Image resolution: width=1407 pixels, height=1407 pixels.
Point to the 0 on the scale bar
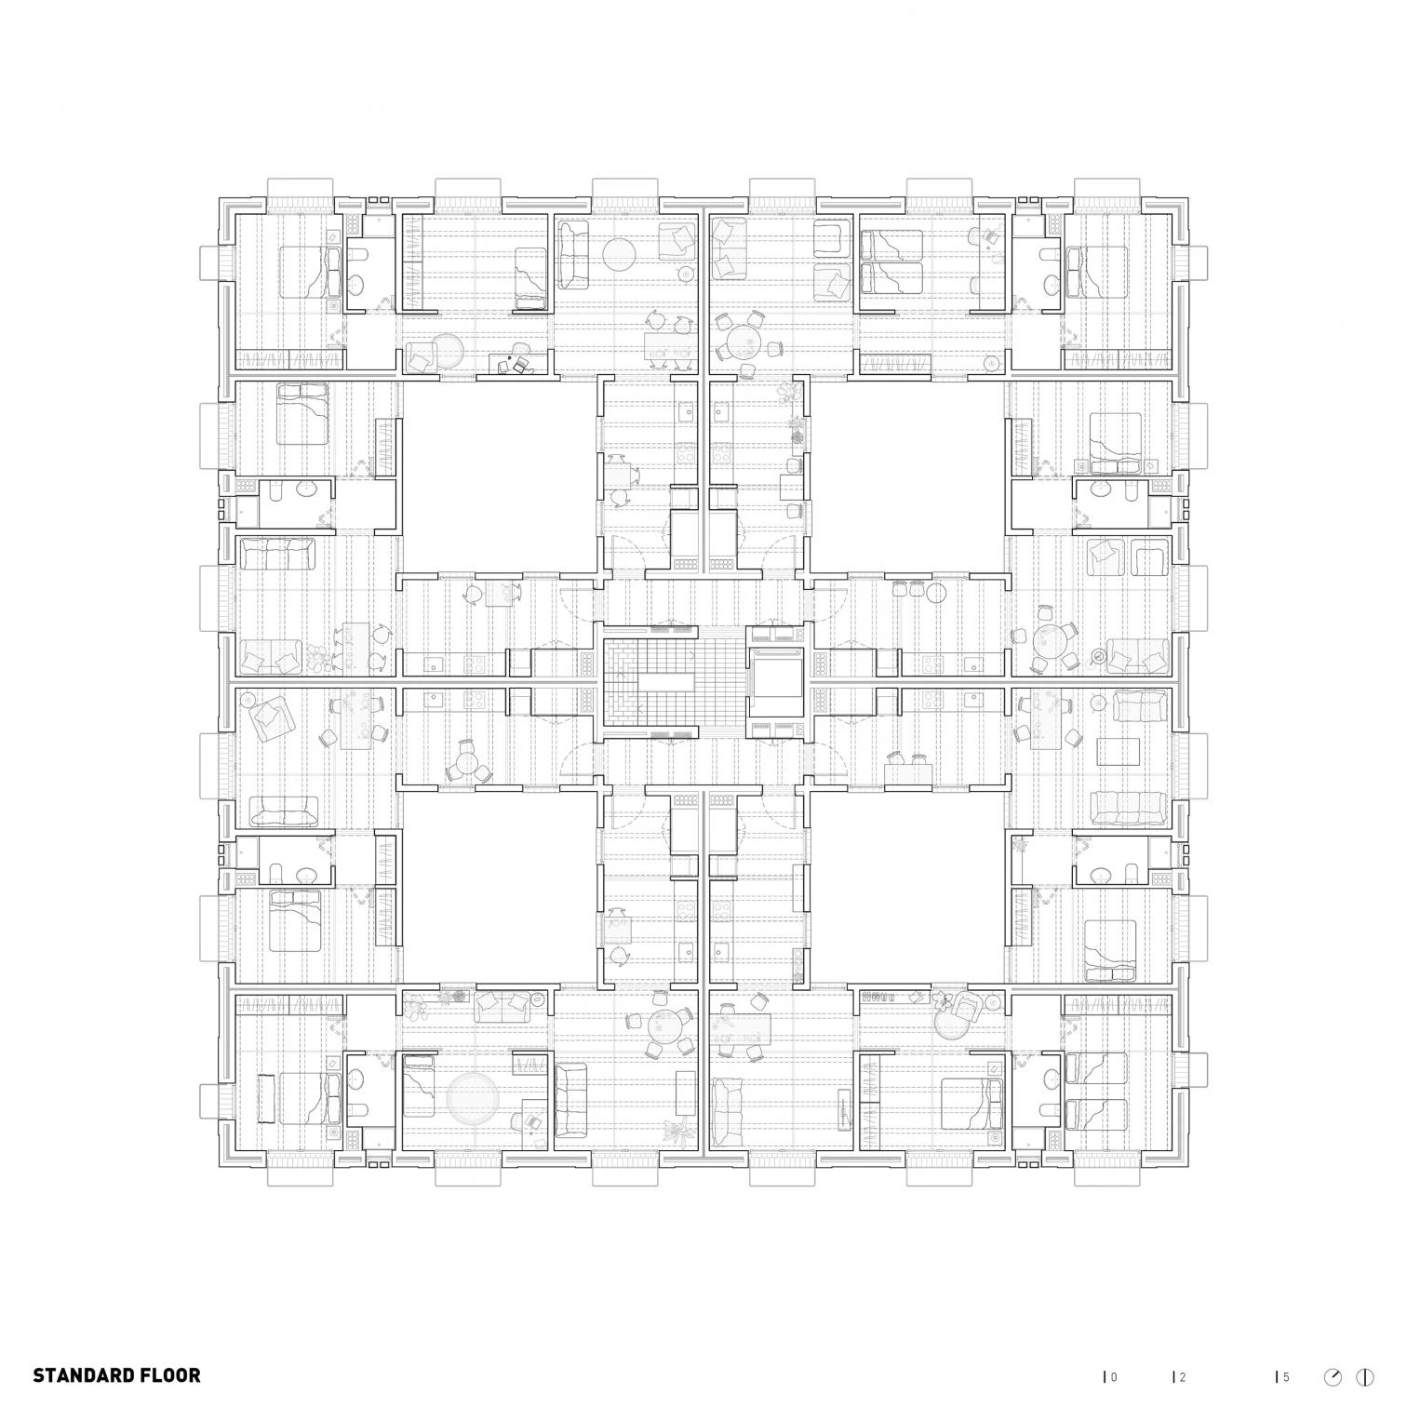[1114, 1350]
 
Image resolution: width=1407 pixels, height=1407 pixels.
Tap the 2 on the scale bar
[1183, 1350]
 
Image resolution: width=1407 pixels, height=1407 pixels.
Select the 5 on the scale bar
[1286, 1350]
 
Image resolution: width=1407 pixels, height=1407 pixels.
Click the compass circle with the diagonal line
[1334, 1349]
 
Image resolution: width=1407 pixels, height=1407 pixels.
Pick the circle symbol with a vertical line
[1366, 1349]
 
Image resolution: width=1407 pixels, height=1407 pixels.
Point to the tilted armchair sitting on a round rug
[964, 1005]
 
